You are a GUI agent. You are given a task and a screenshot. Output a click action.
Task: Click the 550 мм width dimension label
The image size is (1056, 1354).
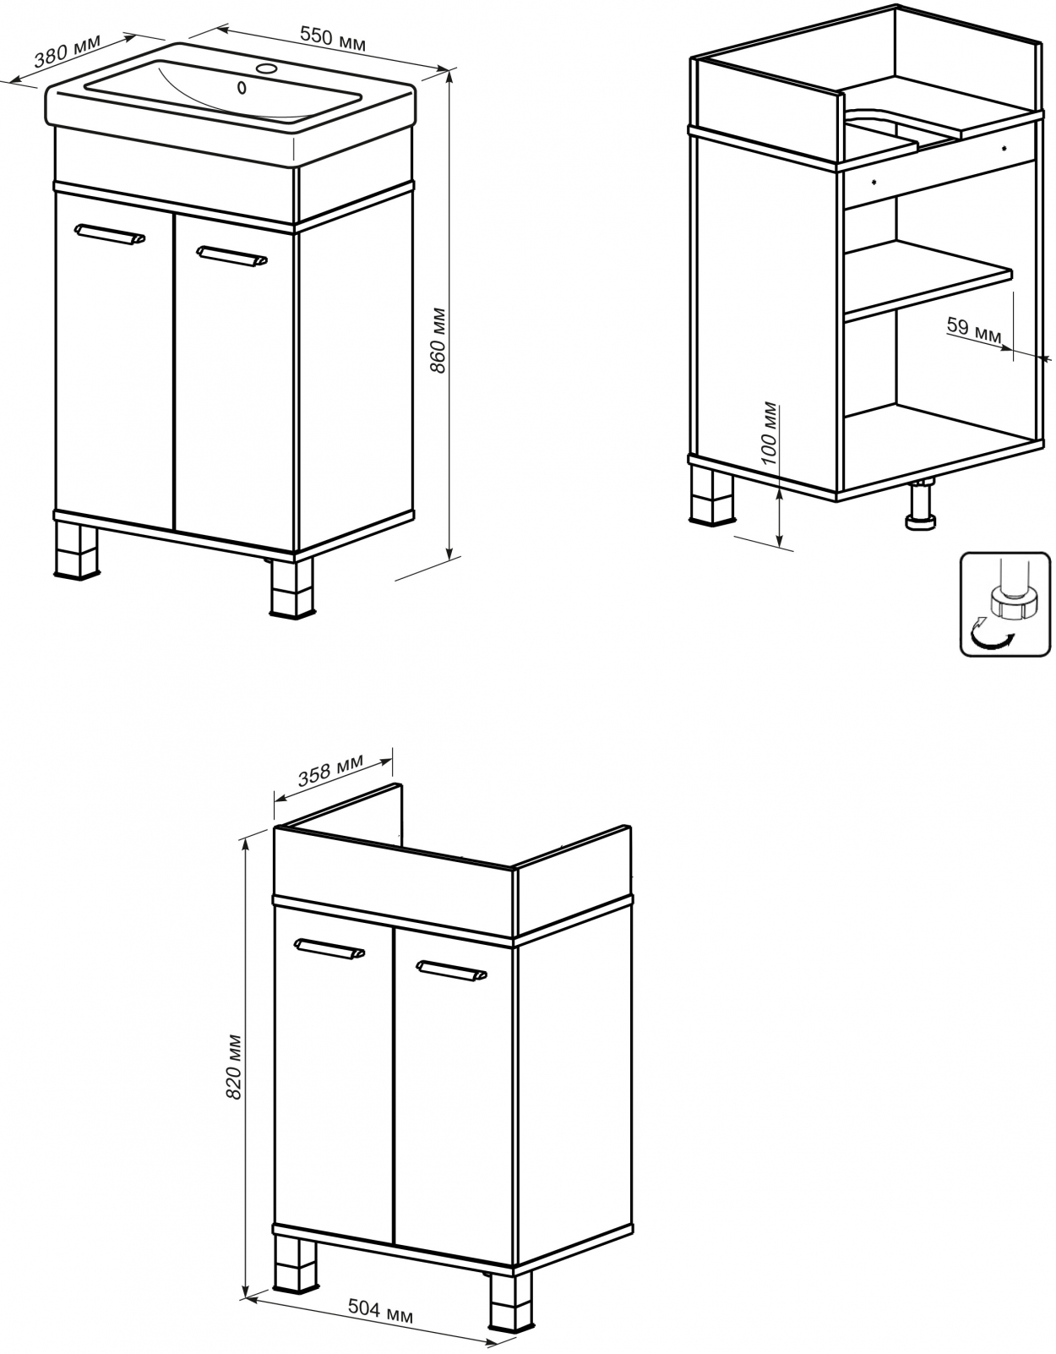point(333,39)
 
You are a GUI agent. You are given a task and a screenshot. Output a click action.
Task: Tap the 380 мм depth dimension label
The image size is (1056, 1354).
point(67,51)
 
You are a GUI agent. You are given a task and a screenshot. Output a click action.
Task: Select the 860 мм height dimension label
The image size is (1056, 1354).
point(438,341)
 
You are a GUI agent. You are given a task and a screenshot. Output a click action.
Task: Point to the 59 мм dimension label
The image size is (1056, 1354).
point(974,330)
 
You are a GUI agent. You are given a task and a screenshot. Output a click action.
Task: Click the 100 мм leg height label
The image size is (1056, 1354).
point(770,433)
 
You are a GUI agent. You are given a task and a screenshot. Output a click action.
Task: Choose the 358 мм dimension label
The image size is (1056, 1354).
point(330,771)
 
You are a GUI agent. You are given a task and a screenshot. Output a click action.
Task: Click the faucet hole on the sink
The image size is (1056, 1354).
point(268,68)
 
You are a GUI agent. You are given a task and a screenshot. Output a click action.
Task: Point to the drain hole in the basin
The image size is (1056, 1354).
point(242,88)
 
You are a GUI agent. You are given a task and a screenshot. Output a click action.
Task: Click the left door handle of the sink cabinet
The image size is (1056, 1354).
point(110,233)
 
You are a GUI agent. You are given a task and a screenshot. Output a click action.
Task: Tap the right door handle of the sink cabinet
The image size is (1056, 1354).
point(231,256)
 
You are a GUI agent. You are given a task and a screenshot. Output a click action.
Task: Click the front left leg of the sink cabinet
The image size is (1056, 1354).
point(77,551)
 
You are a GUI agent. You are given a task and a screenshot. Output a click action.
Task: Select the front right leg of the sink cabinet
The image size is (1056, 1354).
point(292,588)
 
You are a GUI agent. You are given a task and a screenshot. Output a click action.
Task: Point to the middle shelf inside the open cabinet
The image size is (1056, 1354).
point(928,281)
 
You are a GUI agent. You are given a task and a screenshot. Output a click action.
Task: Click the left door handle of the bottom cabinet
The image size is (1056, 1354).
point(329,949)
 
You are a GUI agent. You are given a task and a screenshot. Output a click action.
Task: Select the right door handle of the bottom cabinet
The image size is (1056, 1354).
point(451,971)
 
